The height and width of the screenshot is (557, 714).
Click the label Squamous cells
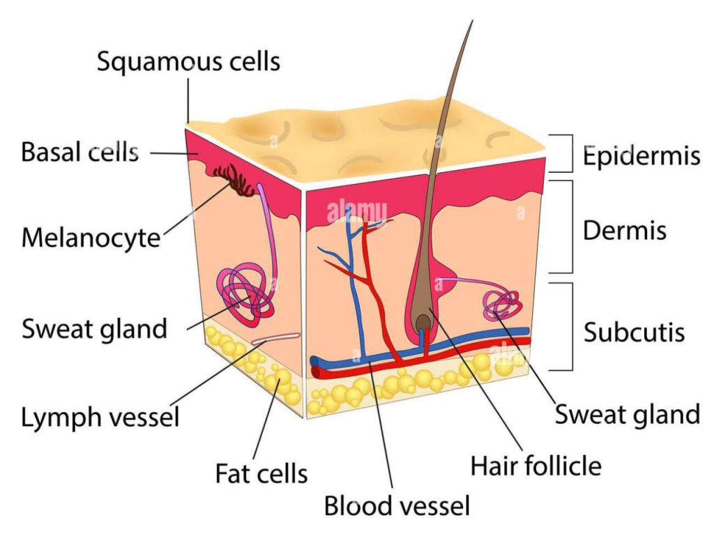click(x=188, y=61)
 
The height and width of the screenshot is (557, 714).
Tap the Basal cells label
click(x=79, y=152)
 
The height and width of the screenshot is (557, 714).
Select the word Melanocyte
click(x=91, y=238)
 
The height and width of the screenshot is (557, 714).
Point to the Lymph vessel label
click(x=100, y=418)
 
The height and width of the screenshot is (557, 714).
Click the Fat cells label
click(x=261, y=474)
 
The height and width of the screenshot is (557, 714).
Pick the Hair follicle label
click(x=535, y=466)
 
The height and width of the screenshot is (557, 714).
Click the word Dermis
click(x=624, y=231)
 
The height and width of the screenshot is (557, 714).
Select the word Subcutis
click(x=634, y=333)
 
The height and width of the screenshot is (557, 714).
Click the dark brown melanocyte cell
click(x=234, y=181)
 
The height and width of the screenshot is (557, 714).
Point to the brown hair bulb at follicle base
click(x=423, y=322)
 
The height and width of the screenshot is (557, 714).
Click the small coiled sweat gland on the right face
click(x=503, y=305)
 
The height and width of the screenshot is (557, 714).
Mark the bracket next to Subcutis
click(x=568, y=326)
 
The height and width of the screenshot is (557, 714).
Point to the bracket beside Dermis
click(x=568, y=227)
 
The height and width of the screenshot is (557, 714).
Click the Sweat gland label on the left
click(x=94, y=328)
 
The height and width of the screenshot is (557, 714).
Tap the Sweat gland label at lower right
click(x=627, y=414)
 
